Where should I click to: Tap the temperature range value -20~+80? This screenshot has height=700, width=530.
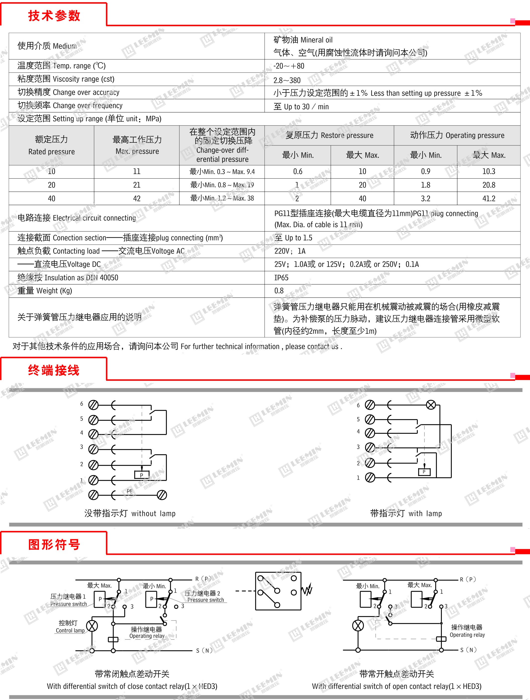[x=289, y=66]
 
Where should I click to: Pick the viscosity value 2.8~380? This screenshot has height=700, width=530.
[x=287, y=80]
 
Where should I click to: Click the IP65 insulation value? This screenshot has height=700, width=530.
[x=281, y=277]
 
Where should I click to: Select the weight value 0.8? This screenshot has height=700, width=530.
[x=279, y=291]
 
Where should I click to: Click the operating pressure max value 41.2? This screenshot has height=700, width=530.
[x=489, y=198]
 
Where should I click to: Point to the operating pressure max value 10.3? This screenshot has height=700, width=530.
[x=489, y=171]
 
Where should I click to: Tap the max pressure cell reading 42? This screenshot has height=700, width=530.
[x=137, y=198]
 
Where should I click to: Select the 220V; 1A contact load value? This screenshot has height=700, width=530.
[x=290, y=251]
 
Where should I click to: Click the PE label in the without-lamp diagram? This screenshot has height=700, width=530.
[x=130, y=491]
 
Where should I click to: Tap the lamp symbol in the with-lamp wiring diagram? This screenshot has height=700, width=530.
[x=431, y=405]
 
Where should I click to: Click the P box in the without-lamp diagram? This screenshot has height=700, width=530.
[x=141, y=475]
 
